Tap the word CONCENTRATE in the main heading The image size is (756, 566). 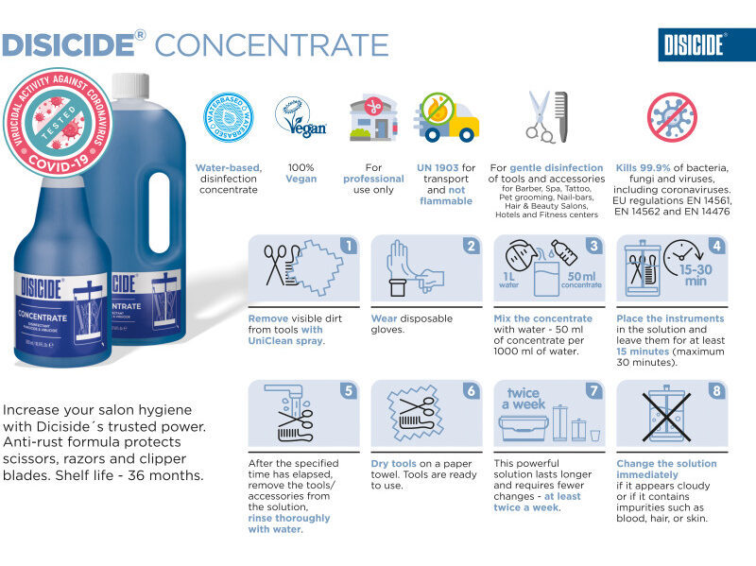pyautogui.click(x=271, y=44)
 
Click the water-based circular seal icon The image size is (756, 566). pyautogui.click(x=227, y=116)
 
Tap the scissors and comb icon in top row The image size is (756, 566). pyautogui.click(x=548, y=116)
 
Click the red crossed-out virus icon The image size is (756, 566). pyautogui.click(x=672, y=115)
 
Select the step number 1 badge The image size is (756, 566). pyautogui.click(x=349, y=247)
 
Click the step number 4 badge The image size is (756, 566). pyautogui.click(x=717, y=247)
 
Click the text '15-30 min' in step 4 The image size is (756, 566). pyautogui.click(x=696, y=274)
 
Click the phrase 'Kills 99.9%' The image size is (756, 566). pyautogui.click(x=639, y=166)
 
